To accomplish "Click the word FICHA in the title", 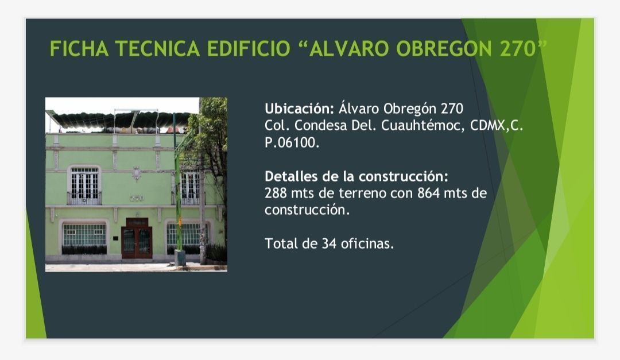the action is (79, 49).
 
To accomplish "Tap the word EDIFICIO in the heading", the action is (249, 49).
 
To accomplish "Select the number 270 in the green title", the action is (518, 49).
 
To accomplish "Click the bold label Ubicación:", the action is (299, 109).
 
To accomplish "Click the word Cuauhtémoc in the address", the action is (423, 125).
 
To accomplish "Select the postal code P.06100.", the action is (292, 142).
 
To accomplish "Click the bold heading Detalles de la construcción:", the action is (356, 176).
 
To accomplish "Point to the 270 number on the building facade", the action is (137, 198).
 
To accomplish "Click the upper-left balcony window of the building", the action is (84, 185).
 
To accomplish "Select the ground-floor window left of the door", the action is (84, 235).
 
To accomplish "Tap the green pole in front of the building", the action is (178, 186).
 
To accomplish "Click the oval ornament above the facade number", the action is (137, 173).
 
